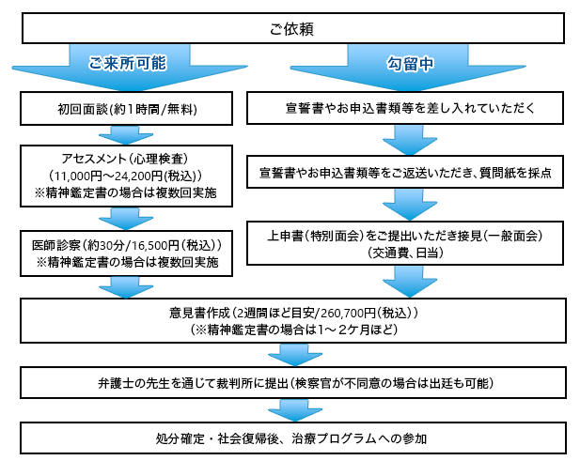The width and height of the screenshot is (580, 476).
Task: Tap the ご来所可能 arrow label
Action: pos(128,63)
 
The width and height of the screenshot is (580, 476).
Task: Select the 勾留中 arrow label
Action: pos(410,64)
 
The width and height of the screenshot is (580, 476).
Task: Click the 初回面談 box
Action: pos(126,109)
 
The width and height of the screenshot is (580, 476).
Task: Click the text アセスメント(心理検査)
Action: pos(125,159)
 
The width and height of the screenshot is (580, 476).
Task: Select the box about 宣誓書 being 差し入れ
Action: pos(405,108)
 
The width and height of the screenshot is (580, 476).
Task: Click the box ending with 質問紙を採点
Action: pos(405,172)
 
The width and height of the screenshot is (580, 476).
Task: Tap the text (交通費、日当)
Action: pos(405,253)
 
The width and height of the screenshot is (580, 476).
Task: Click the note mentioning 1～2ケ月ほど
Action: pos(293,330)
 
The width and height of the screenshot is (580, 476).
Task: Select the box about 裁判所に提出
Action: pos(293,383)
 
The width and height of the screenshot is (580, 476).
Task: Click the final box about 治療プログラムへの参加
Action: pos(293,438)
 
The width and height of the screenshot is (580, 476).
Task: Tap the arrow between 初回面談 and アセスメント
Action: pos(126,135)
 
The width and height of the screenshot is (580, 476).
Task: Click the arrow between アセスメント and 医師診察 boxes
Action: pos(126,219)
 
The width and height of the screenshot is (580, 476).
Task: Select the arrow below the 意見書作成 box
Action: pos(295,355)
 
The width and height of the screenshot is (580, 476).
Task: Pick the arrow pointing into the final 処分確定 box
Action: pos(295,410)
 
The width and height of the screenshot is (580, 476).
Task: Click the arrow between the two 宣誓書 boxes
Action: pos(410,140)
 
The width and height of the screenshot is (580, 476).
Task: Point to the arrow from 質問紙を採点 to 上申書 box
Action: pos(410,205)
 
